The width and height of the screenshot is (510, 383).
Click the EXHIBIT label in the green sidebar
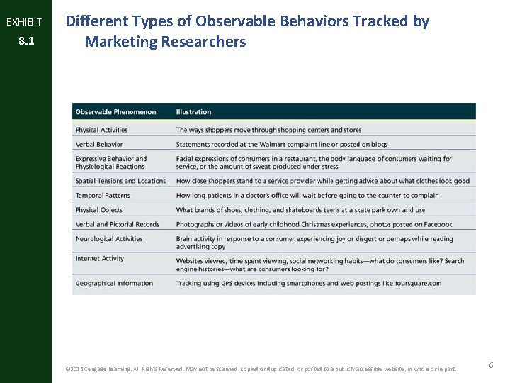[x=24, y=22]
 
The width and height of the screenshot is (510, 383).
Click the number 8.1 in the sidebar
[x=25, y=42]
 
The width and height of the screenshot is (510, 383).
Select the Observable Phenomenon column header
[x=115, y=112]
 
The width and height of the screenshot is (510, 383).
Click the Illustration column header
[x=193, y=112]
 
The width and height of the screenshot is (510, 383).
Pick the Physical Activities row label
[x=101, y=130]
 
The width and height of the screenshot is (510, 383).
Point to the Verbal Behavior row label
[x=99, y=144]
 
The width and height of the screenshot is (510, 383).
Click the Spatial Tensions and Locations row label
[x=120, y=181]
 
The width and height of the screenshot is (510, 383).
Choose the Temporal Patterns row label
[x=103, y=195]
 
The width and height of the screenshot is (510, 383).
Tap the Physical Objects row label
[x=99, y=210]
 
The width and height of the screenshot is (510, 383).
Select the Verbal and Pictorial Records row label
[x=117, y=224]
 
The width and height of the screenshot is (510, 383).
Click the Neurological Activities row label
[x=109, y=239]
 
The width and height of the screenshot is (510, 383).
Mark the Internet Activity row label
[x=100, y=259]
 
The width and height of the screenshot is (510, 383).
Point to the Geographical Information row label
[x=114, y=283]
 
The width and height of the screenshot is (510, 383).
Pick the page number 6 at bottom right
[x=491, y=365]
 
